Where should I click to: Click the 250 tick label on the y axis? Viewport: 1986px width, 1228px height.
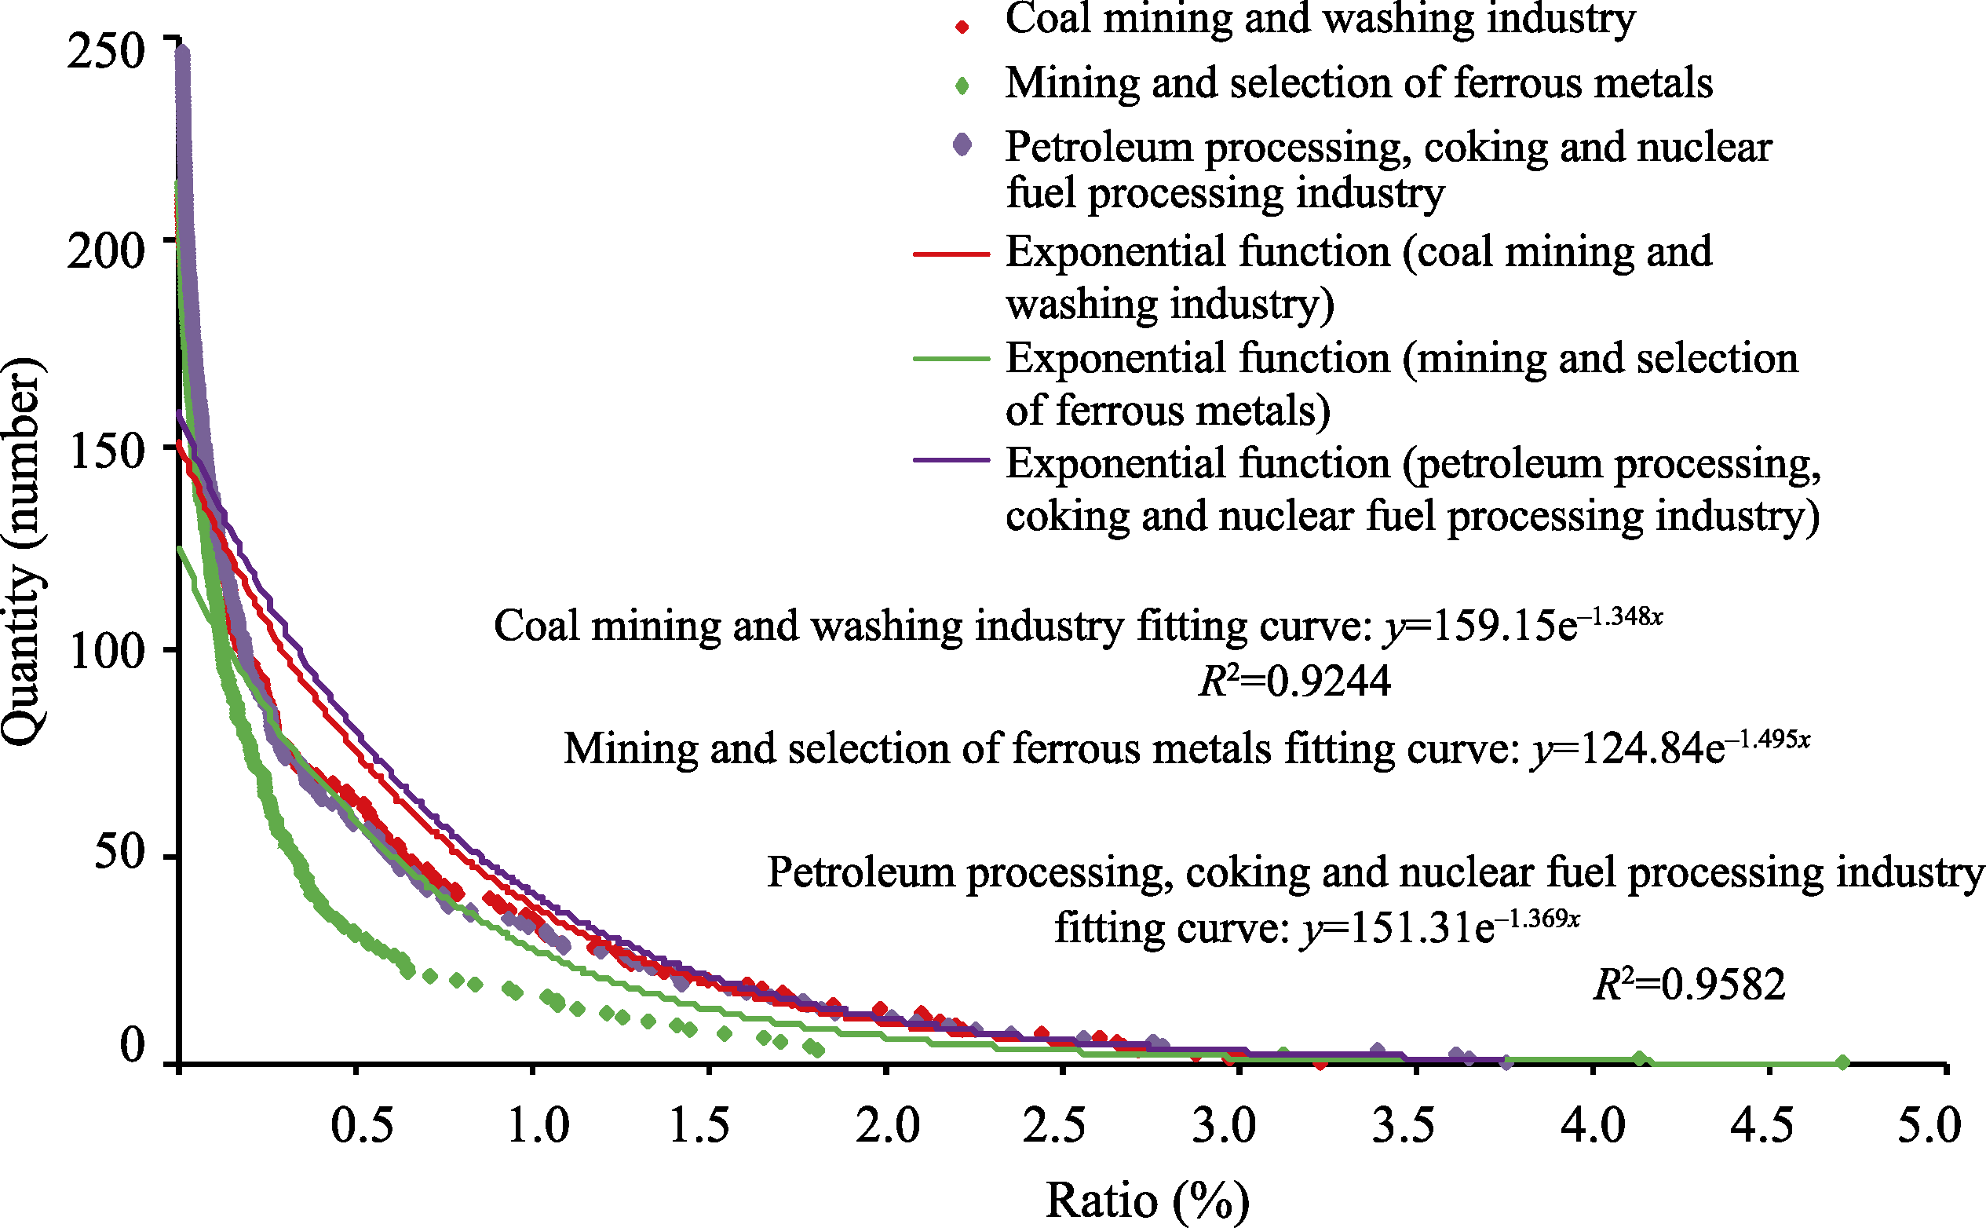coord(105,51)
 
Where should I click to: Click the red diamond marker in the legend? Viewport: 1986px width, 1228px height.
coord(962,27)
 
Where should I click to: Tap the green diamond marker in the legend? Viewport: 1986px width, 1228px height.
coord(962,86)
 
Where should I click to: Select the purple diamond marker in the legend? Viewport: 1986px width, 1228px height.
coord(962,145)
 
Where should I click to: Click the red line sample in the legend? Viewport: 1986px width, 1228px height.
coord(951,254)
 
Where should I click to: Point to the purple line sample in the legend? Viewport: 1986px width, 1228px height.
coord(951,460)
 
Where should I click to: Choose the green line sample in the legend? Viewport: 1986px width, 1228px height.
coord(951,359)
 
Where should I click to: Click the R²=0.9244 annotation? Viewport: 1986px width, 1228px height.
coord(1294,682)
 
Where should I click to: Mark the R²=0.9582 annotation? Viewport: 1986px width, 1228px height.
coord(1688,985)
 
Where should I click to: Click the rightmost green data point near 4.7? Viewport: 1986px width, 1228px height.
coord(1842,1062)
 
